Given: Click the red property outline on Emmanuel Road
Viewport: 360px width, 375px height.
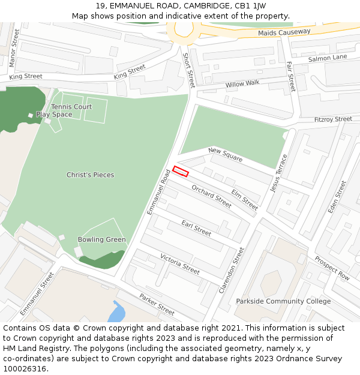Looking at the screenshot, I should (x=181, y=171).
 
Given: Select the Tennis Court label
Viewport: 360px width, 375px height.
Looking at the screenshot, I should (x=71, y=107).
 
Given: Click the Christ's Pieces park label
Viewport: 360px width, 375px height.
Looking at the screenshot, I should (x=90, y=175).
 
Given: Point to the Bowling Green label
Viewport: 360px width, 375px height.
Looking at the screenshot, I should (x=102, y=240).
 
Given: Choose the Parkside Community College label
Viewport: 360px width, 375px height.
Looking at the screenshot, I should (x=283, y=301).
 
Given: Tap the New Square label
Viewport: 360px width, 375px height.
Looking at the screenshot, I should (x=225, y=154).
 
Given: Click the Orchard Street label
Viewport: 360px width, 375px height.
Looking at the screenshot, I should (x=211, y=196).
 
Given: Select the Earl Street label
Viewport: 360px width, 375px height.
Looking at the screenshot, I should (x=196, y=228).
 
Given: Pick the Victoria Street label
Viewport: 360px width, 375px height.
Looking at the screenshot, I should (x=180, y=264).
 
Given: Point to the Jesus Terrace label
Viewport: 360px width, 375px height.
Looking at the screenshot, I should (x=279, y=173).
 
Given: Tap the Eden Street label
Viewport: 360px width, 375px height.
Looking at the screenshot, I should (x=337, y=197).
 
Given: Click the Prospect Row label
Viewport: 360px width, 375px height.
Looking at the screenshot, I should (x=332, y=268).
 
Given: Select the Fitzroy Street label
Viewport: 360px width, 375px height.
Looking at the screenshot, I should (x=333, y=119).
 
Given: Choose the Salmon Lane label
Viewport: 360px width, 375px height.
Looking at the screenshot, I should (x=328, y=58).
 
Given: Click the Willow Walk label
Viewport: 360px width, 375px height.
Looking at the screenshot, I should (x=242, y=84).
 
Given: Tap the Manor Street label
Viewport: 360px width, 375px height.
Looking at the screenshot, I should (x=14, y=47).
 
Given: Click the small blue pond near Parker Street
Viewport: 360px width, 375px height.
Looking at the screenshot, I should (x=116, y=312).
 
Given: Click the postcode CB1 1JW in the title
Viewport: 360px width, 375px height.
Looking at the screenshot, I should (x=253, y=5).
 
